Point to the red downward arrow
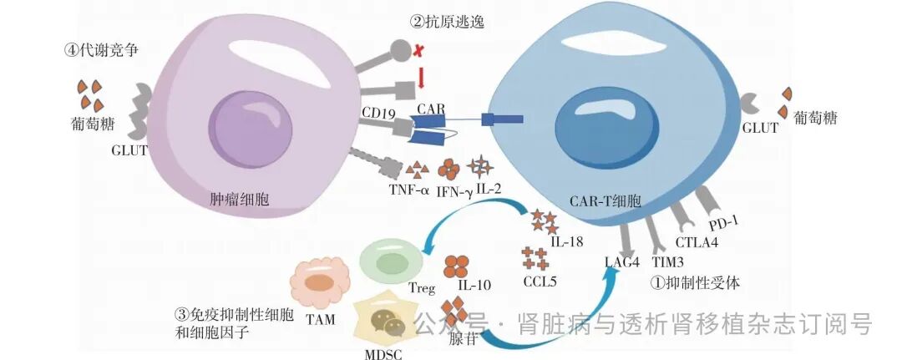(x=421, y=78)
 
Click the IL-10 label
(x=474, y=286)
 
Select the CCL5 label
(x=541, y=281)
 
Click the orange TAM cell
(x=319, y=281)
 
